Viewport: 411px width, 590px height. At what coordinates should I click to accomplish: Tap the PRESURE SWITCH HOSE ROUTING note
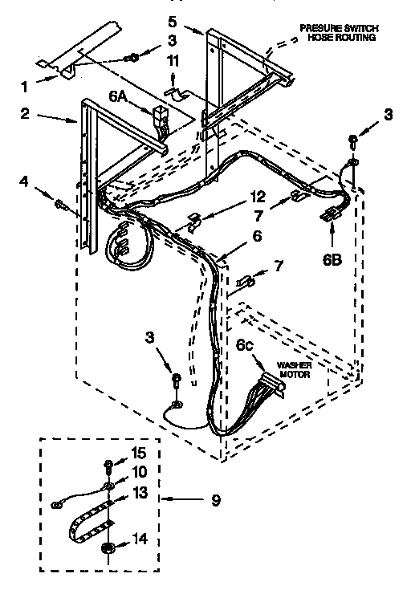338,32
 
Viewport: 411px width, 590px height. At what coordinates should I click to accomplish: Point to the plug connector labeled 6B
329,214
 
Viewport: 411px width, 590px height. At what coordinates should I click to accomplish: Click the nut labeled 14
106,548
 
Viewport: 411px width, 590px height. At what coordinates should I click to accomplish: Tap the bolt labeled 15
106,463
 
